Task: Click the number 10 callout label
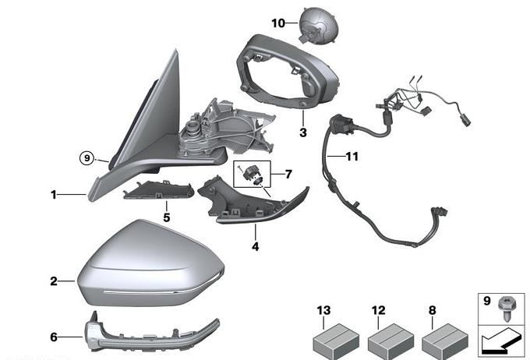[x=279, y=23]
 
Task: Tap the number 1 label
[x=54, y=195]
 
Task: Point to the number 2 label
[x=54, y=281]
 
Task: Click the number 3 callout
[x=302, y=133]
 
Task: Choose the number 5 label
[x=166, y=217]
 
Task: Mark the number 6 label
[x=54, y=337]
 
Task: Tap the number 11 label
[x=352, y=157]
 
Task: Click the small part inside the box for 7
[x=253, y=175]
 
